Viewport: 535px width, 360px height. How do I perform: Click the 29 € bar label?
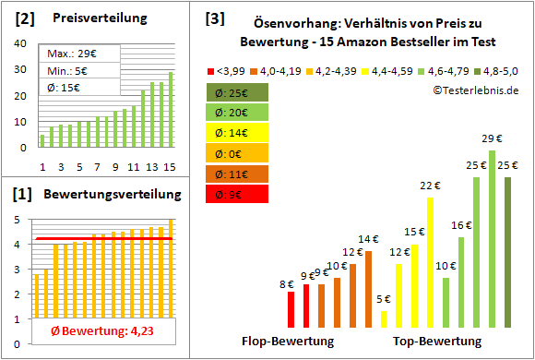click(492, 138)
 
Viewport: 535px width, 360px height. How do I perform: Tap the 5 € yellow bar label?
click(384, 299)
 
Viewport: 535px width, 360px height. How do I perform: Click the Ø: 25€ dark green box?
click(238, 92)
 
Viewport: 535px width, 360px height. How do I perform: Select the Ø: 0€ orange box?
click(238, 153)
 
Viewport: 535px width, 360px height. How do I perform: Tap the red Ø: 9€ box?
click(238, 194)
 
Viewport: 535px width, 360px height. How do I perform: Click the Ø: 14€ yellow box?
click(238, 133)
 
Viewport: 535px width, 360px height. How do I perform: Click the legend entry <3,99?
click(228, 70)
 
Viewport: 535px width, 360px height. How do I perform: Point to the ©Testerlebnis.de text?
click(474, 90)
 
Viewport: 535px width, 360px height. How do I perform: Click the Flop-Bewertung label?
click(287, 341)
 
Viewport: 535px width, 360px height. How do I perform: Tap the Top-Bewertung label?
click(437, 341)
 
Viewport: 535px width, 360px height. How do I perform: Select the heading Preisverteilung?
click(90, 18)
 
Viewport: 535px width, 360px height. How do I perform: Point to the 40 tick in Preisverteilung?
click(23, 44)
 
